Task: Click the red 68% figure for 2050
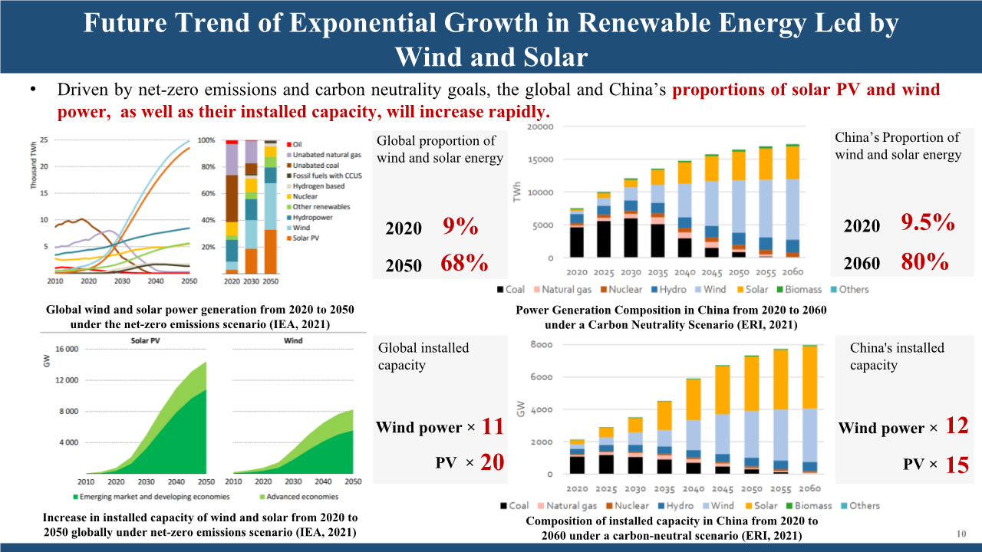464,264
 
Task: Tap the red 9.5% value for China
928,224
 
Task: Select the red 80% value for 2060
924,262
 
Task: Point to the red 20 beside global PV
492,462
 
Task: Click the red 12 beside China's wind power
957,426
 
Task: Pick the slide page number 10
961,534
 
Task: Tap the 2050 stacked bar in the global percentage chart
269,207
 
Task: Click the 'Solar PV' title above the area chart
144,340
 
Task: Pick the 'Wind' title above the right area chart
293,340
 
